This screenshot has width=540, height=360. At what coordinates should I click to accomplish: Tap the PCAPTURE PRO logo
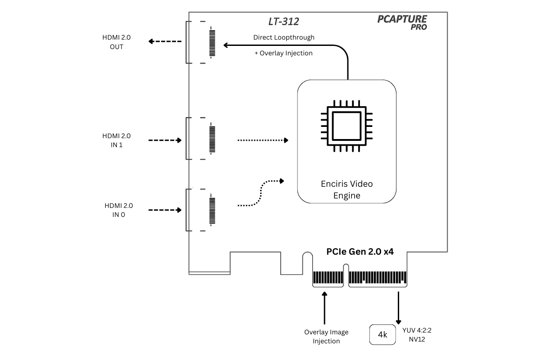[402, 22]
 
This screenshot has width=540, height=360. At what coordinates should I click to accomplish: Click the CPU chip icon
[346, 126]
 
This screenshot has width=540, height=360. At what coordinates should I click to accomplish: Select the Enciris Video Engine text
[346, 189]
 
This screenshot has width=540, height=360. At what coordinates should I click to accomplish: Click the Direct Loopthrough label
[283, 37]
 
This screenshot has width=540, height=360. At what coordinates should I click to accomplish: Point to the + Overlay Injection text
[283, 53]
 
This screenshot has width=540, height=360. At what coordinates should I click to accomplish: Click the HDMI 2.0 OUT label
[116, 42]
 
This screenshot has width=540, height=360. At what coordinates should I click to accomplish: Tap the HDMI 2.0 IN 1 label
[116, 140]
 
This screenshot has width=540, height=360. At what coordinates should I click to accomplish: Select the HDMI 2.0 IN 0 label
[119, 210]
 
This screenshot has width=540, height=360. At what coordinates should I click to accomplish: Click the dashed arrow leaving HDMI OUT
[165, 41]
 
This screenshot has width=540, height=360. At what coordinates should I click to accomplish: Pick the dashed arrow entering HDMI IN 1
[165, 140]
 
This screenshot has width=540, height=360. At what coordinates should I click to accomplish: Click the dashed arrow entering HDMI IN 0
[165, 210]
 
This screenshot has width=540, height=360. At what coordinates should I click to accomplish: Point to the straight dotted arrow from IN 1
[263, 140]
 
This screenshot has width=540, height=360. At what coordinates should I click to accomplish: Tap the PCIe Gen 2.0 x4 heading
[360, 252]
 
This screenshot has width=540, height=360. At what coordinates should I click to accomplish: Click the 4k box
[382, 335]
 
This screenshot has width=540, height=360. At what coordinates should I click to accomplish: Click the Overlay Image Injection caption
[326, 337]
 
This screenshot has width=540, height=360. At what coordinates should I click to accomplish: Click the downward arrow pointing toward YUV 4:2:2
[398, 308]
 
